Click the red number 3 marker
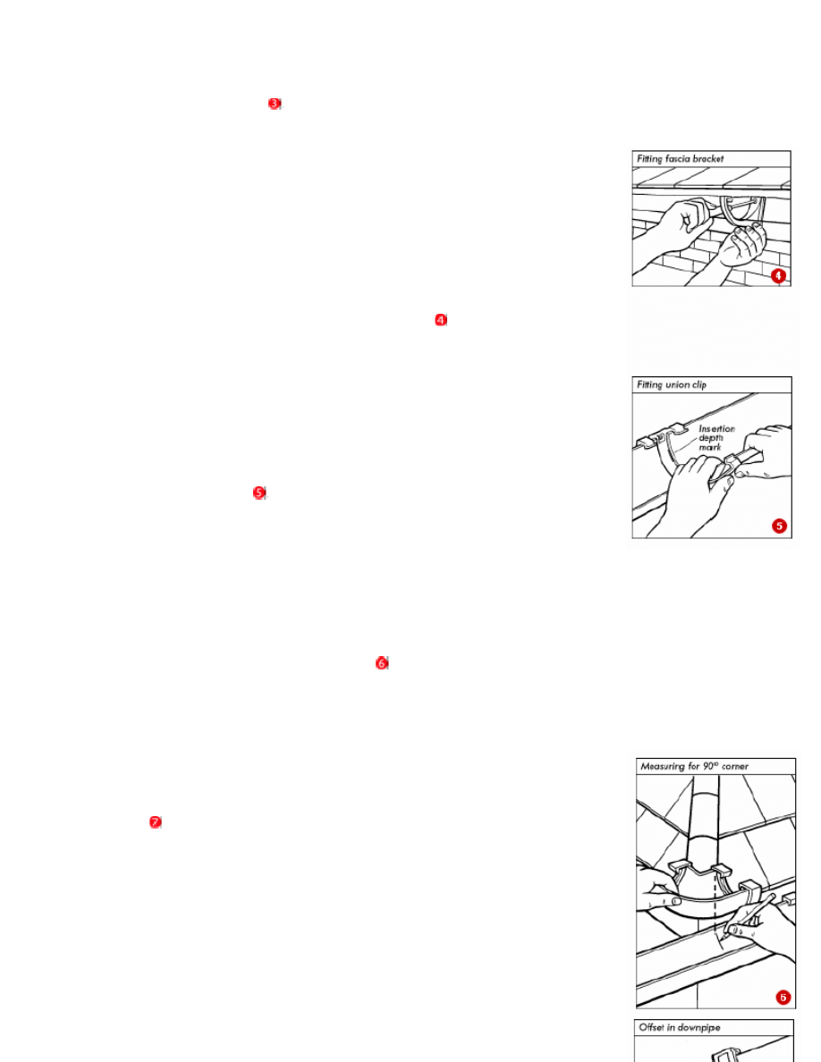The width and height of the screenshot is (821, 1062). coord(275,104)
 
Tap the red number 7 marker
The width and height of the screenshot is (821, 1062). coord(155,822)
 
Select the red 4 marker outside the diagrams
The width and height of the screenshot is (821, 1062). coord(441,320)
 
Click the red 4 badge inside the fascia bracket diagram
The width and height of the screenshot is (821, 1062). coord(778,275)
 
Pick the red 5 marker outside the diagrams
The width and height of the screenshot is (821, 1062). coord(259,493)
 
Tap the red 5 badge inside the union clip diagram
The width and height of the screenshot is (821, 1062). coord(780,526)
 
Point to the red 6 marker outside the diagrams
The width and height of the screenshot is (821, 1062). coord(381,663)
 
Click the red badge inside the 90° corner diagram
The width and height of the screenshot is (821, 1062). coord(783,997)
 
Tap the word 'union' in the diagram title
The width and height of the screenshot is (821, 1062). coord(676,384)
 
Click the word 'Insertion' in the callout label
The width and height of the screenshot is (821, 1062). coord(716,429)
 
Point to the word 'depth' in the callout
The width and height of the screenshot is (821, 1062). coord(711,438)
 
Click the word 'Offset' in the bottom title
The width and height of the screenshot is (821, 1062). coord(651,1027)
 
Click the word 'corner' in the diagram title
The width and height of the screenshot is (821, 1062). coord(735,767)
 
